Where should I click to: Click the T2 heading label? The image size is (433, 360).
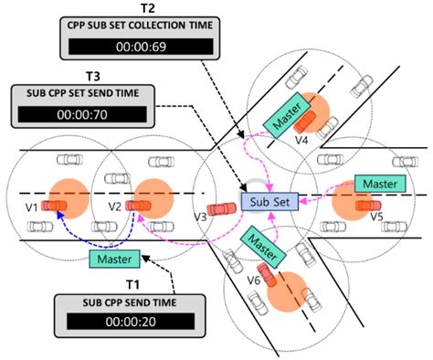(143, 6)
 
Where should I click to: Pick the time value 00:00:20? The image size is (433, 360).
(125, 322)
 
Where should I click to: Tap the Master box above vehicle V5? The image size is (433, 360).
(377, 184)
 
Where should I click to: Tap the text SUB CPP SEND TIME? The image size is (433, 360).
(125, 302)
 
